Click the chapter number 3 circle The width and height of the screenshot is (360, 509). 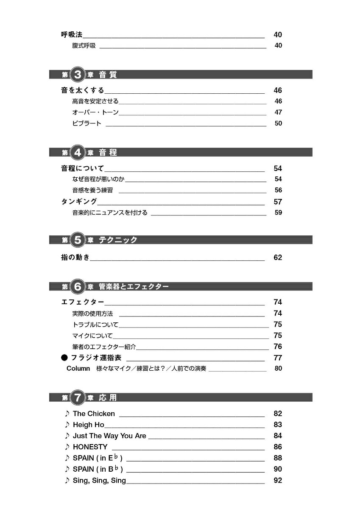pos(78,75)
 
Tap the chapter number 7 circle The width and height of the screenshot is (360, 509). pos(78,398)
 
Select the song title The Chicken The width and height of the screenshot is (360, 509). pos(94,414)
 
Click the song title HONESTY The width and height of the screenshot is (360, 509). pos(90,447)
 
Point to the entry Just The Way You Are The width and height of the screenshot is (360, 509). pos(109,436)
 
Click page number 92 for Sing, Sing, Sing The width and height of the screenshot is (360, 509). pos(278,480)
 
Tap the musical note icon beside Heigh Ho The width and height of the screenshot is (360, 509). pos(67,425)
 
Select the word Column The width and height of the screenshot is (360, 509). pos(78,368)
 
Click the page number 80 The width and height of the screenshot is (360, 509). pos(278,368)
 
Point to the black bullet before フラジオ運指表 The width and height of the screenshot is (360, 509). pos(64,358)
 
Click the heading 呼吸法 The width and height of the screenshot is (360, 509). pos(72,35)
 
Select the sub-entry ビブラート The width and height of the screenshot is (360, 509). pos(87,123)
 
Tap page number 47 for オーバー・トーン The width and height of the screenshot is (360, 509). pos(278,112)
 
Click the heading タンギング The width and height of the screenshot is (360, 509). pos(79,201)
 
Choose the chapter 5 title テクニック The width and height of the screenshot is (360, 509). pos(118,240)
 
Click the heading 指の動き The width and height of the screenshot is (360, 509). pos(75,257)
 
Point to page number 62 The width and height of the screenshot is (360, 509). pos(278,257)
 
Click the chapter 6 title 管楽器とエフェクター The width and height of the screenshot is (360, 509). pos(134,287)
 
